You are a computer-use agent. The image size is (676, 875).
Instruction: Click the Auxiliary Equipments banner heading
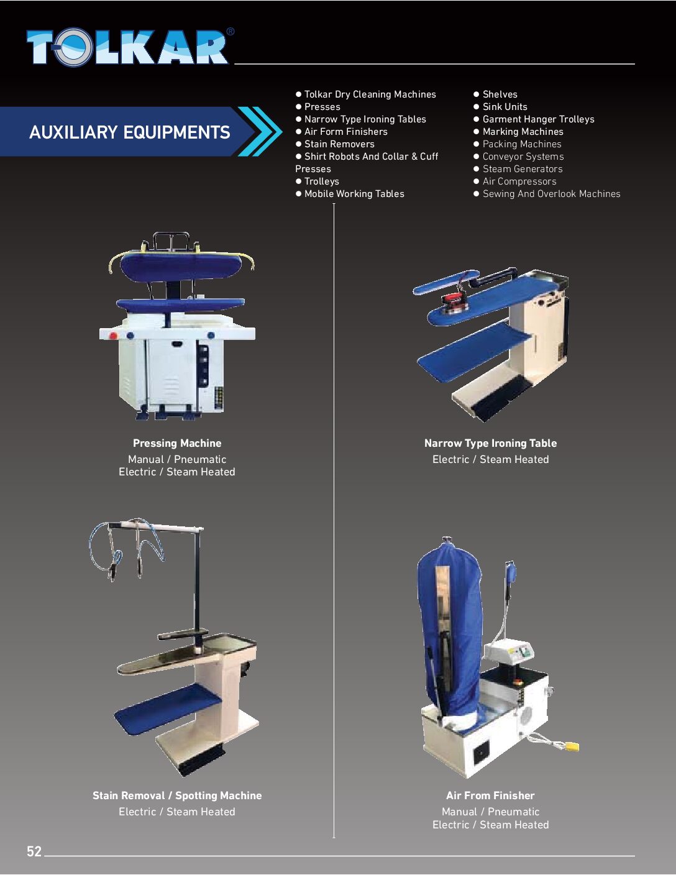point(129,132)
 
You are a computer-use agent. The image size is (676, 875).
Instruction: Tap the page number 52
point(34,851)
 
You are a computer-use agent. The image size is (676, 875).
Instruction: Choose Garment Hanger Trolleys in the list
point(534,119)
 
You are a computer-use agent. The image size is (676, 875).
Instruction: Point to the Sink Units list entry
point(500,107)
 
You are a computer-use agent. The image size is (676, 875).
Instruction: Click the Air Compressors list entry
point(515,181)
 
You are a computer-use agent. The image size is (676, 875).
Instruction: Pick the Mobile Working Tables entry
point(350,194)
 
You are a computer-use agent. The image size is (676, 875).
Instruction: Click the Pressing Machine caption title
point(177,443)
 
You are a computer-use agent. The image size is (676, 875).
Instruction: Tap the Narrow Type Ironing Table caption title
point(490,443)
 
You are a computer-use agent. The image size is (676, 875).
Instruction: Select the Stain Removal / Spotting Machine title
point(177,795)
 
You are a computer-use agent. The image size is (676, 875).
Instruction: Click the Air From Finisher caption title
point(490,795)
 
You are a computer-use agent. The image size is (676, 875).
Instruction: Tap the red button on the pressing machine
point(113,336)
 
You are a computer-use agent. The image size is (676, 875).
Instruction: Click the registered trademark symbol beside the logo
point(230,32)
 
